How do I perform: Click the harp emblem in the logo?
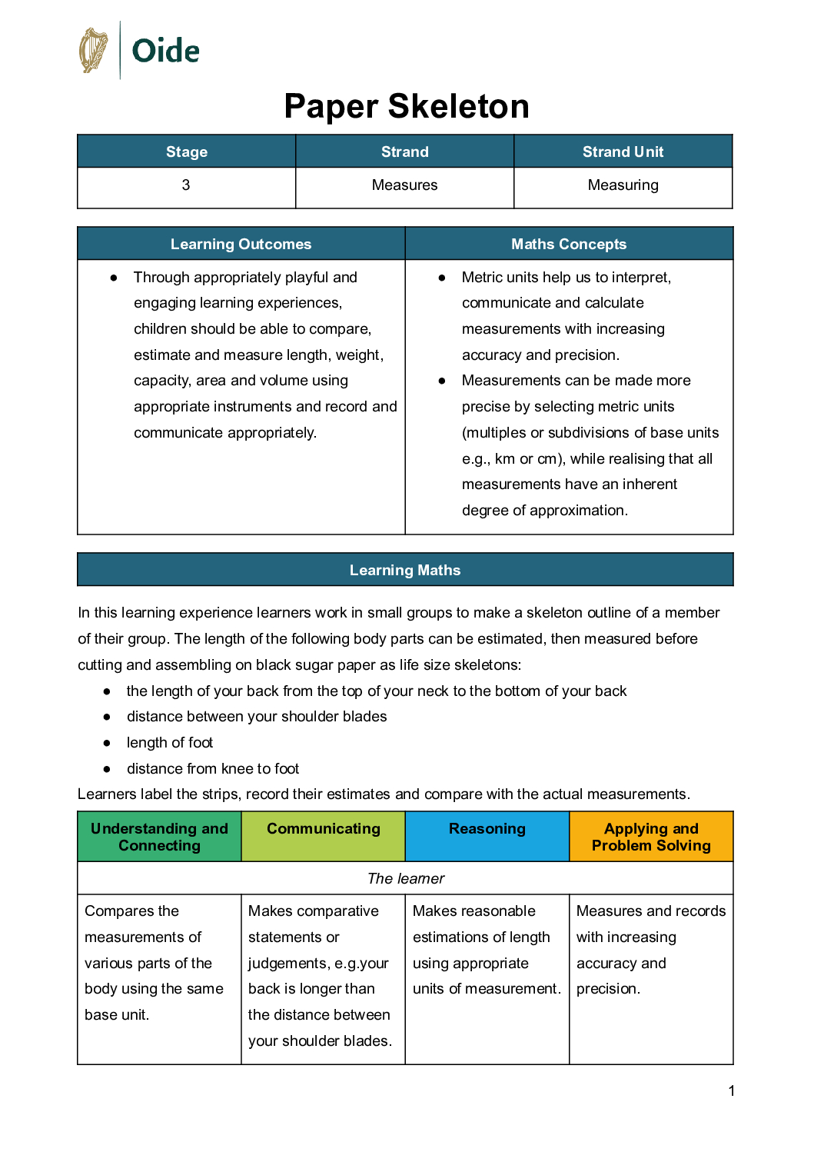point(94,51)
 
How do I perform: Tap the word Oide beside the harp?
point(165,52)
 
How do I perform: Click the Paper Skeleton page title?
point(407,106)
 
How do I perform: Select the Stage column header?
point(187,151)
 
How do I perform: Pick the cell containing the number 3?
point(186,185)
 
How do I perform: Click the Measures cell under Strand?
point(404,185)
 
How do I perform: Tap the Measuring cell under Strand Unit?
point(623,185)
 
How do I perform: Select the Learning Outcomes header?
point(241,244)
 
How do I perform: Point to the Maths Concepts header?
point(569,244)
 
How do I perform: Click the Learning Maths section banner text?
point(405,570)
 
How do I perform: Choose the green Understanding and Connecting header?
point(159,837)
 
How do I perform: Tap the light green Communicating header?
point(323,829)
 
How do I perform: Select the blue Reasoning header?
point(487,829)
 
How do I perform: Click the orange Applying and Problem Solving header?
point(651,837)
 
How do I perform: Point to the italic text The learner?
point(406,878)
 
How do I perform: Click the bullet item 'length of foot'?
point(170,743)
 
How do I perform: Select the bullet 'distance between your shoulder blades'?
point(257,717)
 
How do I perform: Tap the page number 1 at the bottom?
point(732,1090)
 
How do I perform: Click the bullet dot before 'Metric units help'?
point(442,278)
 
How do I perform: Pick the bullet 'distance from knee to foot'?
point(213,769)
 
